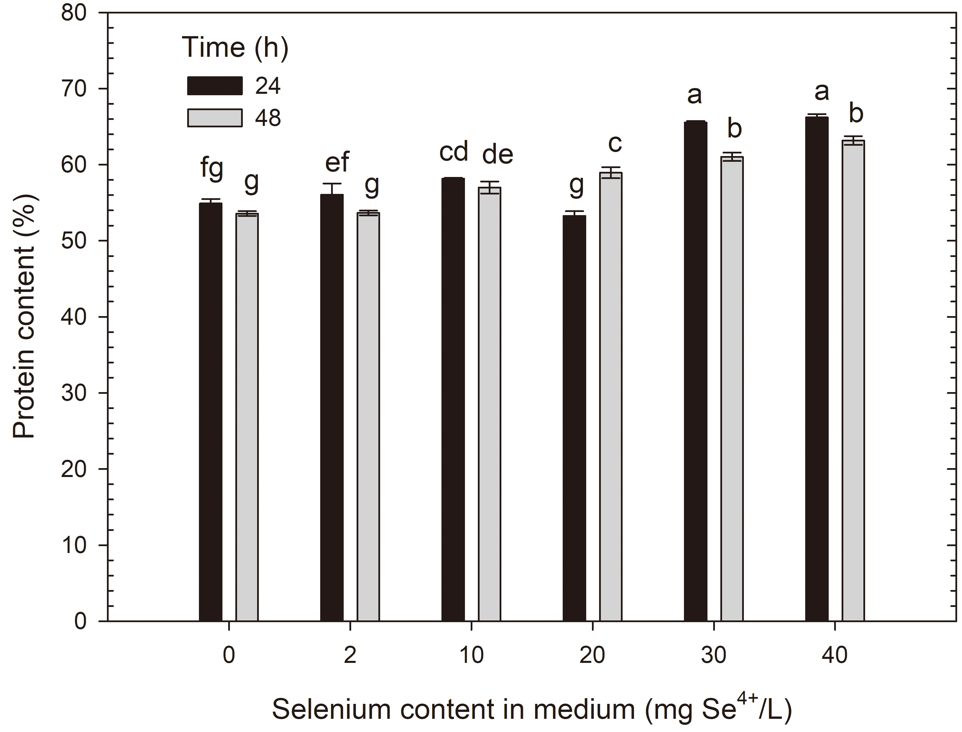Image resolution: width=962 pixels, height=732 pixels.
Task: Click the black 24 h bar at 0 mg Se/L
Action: click(210, 412)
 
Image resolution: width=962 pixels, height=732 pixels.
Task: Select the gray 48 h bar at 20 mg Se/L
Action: click(611, 396)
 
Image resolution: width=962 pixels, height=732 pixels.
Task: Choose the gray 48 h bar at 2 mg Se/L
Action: click(368, 416)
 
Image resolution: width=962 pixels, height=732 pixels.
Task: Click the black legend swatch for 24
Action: click(215, 85)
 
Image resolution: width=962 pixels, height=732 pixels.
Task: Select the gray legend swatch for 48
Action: click(215, 118)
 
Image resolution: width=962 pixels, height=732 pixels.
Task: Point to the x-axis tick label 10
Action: click(471, 655)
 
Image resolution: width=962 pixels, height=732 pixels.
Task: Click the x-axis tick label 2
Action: click(350, 655)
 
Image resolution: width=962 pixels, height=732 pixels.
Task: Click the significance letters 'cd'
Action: click(453, 152)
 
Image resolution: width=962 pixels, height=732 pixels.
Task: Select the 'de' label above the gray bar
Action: click(497, 154)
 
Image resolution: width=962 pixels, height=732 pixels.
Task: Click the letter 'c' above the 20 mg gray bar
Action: click(615, 143)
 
